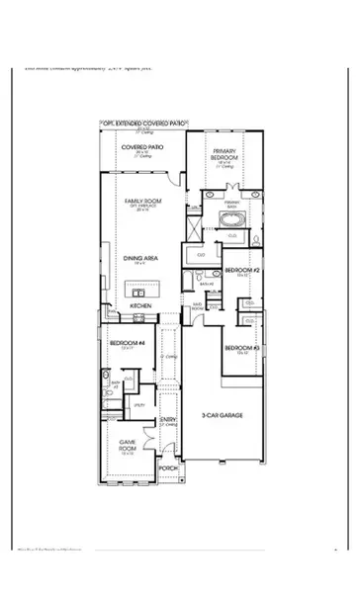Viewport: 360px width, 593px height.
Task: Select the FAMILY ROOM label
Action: click(x=141, y=201)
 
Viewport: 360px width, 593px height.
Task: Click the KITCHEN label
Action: click(x=140, y=306)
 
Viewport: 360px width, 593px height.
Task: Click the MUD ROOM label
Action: click(x=197, y=307)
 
